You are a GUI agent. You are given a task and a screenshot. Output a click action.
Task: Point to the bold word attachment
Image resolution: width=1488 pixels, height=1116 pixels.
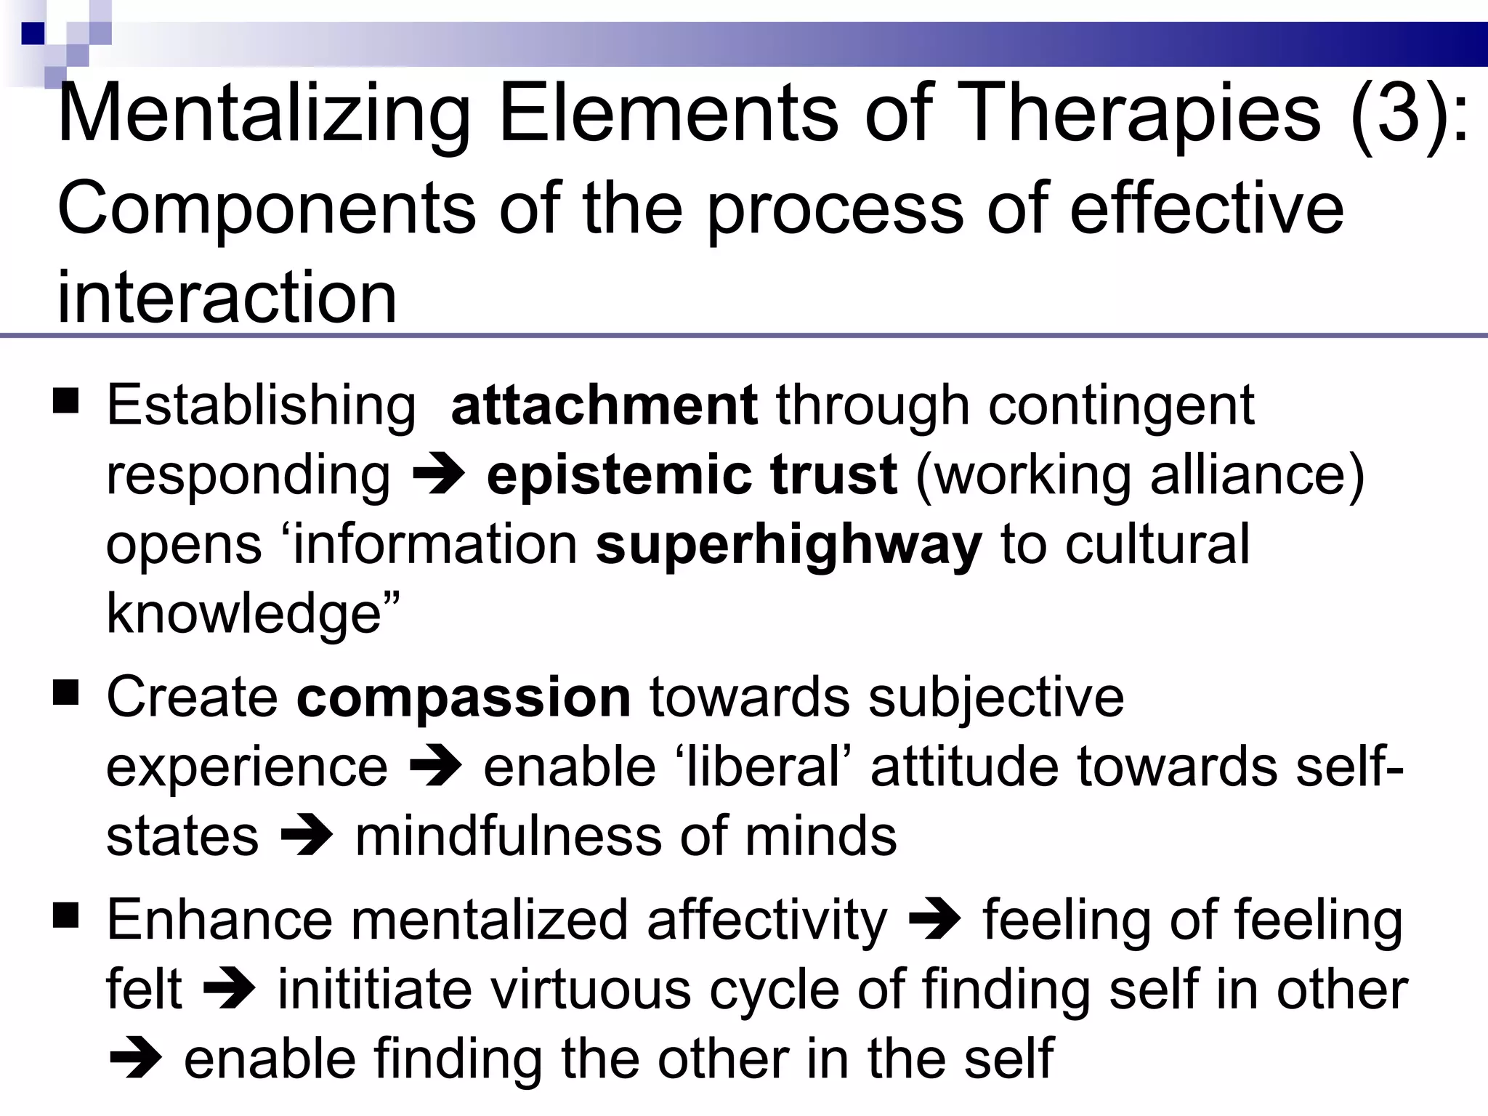pyautogui.click(x=604, y=405)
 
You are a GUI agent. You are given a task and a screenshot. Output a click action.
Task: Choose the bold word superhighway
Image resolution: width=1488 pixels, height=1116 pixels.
pyautogui.click(x=788, y=545)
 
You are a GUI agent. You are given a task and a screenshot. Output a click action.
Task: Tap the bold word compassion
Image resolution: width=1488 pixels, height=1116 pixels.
pyautogui.click(x=464, y=697)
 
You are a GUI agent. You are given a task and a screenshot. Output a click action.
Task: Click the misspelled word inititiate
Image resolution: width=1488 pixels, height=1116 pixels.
pyautogui.click(x=375, y=990)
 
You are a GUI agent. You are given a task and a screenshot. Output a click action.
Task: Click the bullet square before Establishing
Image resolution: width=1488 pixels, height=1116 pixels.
pyautogui.click(x=66, y=401)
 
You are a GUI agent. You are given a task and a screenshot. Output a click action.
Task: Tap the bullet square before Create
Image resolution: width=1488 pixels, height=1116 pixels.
pyautogui.click(x=66, y=693)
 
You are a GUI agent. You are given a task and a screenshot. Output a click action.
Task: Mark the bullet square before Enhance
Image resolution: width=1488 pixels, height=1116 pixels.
pyautogui.click(x=66, y=916)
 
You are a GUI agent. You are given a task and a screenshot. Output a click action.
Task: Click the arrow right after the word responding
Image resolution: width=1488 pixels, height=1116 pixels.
pyautogui.click(x=438, y=477)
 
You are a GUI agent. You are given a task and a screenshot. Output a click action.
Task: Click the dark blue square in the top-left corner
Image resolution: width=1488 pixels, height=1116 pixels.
pyautogui.click(x=33, y=33)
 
